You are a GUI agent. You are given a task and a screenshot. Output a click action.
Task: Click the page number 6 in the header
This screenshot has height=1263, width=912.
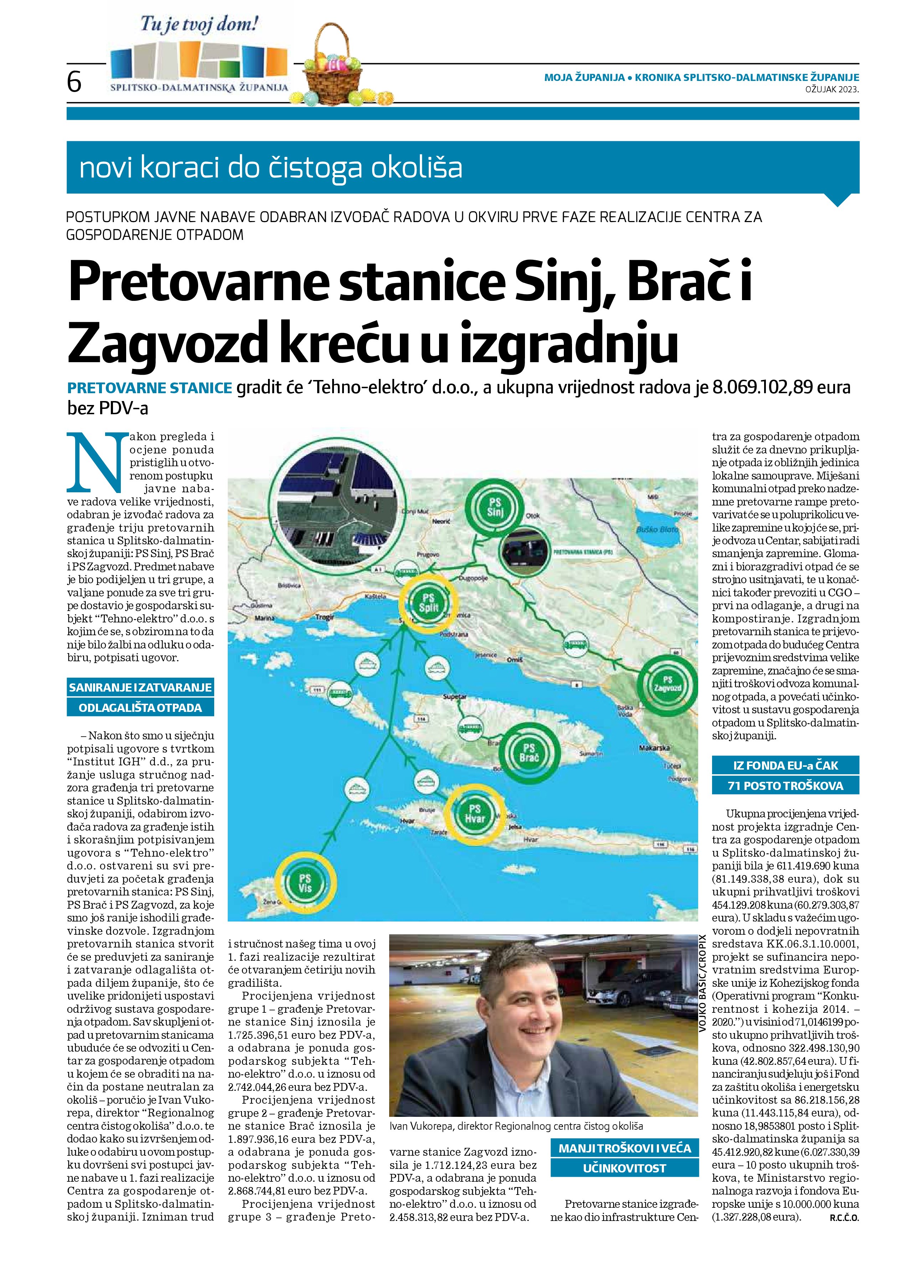tap(74, 82)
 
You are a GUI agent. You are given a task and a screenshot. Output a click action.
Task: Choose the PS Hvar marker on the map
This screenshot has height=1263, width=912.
tap(475, 813)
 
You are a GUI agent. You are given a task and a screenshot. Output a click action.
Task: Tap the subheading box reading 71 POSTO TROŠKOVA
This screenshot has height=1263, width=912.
tap(785, 786)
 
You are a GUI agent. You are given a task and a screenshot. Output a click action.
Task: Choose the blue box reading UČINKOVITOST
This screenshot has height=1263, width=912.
tap(624, 1168)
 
